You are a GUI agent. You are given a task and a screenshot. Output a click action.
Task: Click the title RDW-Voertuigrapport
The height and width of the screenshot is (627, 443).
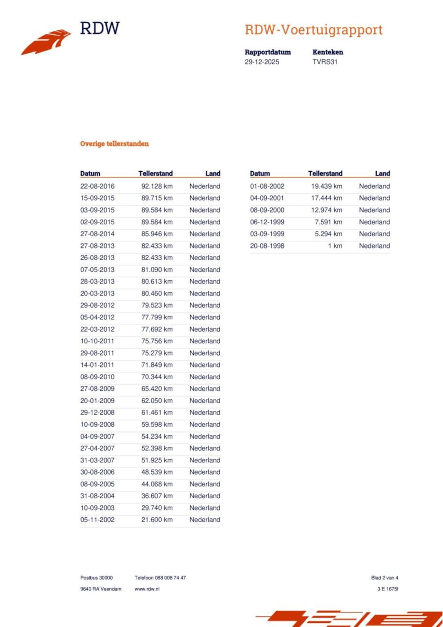click(x=313, y=30)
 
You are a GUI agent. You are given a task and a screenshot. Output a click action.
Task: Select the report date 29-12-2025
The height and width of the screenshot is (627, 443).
click(x=262, y=62)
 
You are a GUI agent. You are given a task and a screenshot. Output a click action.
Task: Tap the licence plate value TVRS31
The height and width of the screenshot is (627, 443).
click(x=325, y=62)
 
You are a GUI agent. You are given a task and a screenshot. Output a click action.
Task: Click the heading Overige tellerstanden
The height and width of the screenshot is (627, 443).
click(x=114, y=144)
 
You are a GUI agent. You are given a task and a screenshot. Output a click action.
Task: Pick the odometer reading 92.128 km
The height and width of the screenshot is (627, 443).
click(x=157, y=186)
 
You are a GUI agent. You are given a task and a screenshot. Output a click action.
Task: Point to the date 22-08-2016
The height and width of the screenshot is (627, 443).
click(x=97, y=186)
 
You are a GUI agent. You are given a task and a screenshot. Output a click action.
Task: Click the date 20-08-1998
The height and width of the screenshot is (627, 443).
click(x=267, y=246)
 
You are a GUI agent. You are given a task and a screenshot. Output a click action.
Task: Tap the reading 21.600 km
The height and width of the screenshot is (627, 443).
click(x=157, y=519)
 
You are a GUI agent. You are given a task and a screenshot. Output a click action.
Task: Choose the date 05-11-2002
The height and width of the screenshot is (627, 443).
click(x=97, y=519)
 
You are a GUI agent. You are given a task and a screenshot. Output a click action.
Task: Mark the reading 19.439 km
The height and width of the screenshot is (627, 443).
click(x=326, y=186)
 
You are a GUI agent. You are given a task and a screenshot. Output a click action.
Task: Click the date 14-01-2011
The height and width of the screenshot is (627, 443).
click(x=97, y=365)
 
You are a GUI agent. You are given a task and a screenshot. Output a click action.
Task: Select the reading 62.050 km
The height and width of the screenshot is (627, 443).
click(x=157, y=400)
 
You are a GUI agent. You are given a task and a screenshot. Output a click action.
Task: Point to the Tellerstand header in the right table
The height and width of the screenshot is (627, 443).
click(x=325, y=173)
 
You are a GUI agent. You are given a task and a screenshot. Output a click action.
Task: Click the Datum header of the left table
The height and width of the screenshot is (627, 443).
click(x=90, y=173)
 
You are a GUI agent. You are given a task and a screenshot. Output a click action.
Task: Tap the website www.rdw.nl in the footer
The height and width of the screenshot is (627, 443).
click(x=147, y=589)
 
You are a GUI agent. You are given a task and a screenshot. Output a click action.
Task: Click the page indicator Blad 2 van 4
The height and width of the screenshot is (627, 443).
click(x=385, y=578)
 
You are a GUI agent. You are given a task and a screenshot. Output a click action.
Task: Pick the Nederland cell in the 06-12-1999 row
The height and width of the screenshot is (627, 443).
click(x=374, y=222)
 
